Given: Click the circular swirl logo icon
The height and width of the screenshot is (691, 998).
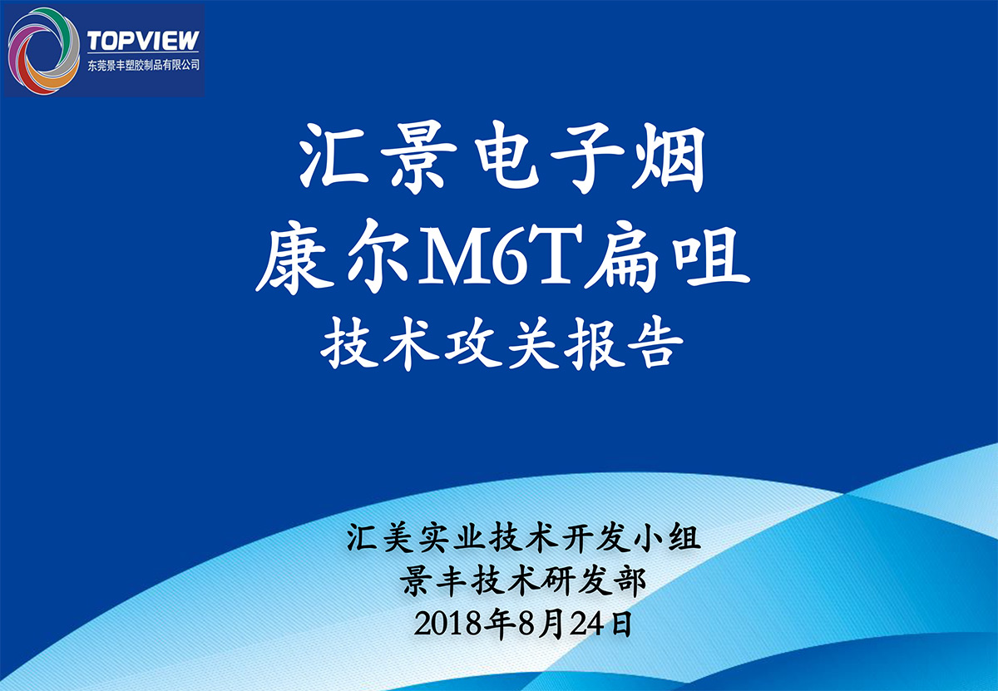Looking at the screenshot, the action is [x=43, y=51].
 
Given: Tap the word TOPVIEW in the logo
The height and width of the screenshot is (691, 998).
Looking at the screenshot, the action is [x=143, y=41].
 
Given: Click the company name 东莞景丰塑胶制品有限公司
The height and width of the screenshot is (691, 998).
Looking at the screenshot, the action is [x=143, y=65].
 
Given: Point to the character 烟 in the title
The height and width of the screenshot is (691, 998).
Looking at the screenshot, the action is [x=668, y=157].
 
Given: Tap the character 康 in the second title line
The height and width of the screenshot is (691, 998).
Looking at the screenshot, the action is [x=295, y=257].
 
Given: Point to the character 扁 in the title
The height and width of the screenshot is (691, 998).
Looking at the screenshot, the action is [x=625, y=257].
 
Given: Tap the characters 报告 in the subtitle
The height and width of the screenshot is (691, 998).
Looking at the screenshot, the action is [x=623, y=343].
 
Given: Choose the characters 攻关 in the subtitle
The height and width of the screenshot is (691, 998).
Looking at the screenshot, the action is [x=501, y=343].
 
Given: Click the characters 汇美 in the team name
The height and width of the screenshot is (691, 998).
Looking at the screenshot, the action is [x=380, y=537].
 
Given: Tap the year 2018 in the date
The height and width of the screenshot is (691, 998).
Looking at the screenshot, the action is [x=448, y=624].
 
